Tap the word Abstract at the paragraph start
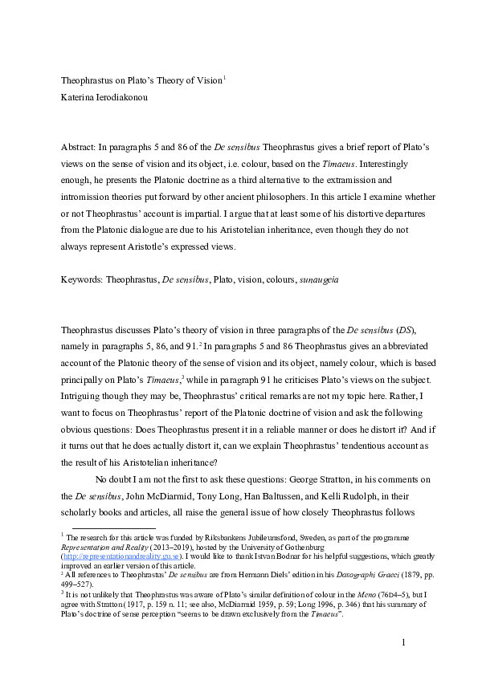[80, 149]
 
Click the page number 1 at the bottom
[405, 642]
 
